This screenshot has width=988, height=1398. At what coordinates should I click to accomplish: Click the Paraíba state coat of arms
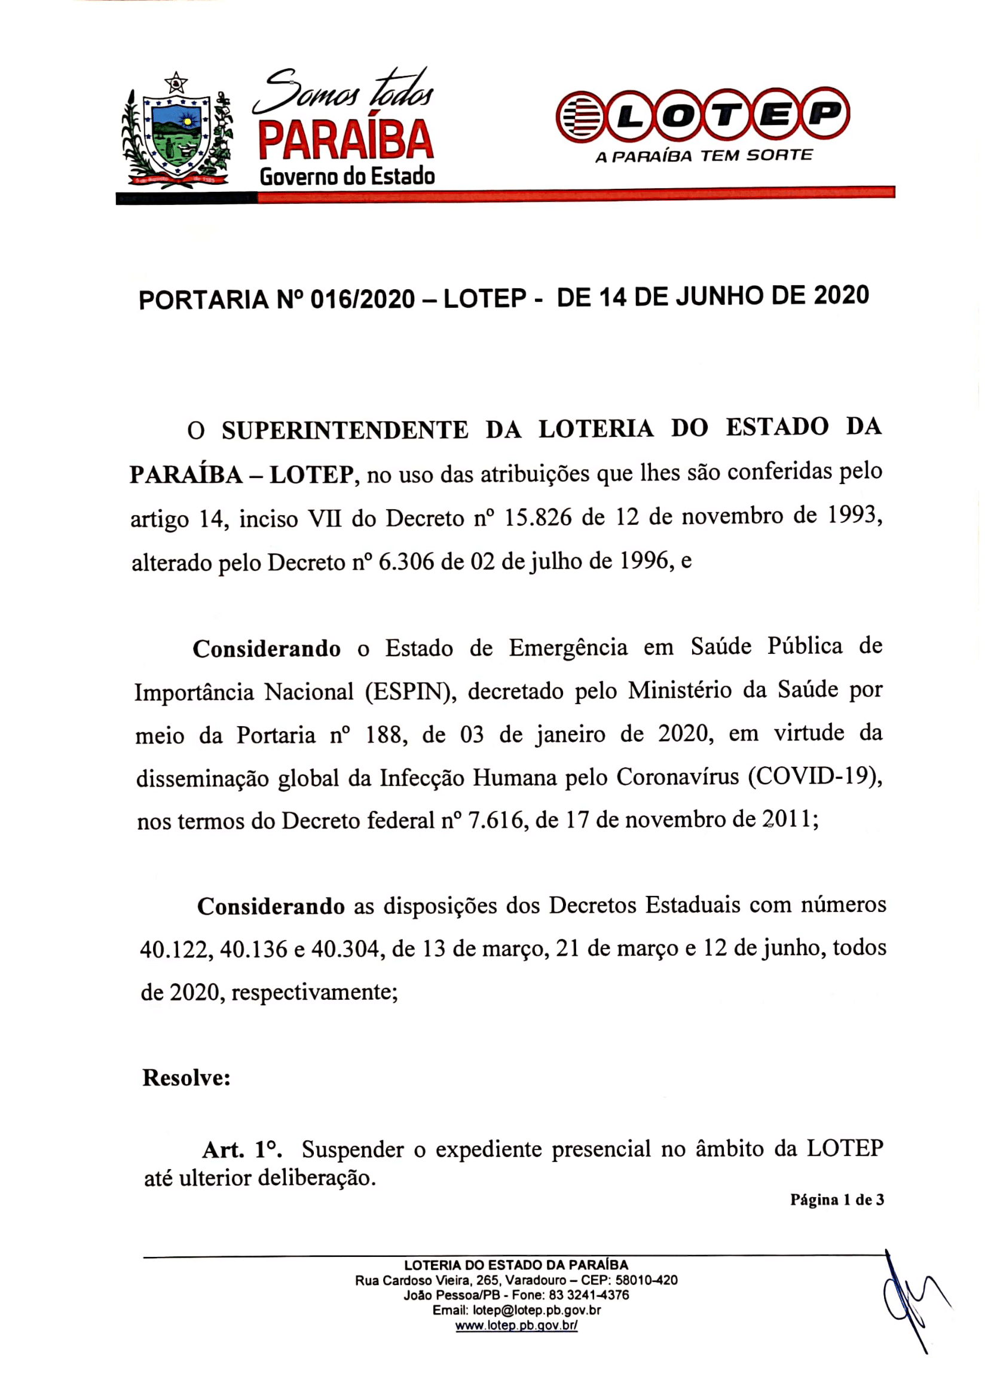click(x=176, y=133)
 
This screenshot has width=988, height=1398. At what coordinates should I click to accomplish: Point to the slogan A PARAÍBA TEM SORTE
click(x=703, y=157)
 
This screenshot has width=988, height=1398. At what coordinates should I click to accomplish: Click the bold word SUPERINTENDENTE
click(x=344, y=430)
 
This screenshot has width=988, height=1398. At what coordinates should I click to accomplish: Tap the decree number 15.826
click(x=538, y=518)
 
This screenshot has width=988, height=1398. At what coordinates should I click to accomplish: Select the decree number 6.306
click(x=406, y=561)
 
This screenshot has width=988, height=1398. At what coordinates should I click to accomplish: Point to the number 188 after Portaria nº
click(x=383, y=736)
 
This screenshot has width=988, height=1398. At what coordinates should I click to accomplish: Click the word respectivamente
click(x=314, y=993)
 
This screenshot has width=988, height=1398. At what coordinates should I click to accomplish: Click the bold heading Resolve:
click(x=186, y=1078)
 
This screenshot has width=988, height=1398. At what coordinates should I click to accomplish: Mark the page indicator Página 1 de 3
click(x=836, y=1200)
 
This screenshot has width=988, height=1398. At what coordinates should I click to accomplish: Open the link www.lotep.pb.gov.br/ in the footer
click(x=516, y=1326)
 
